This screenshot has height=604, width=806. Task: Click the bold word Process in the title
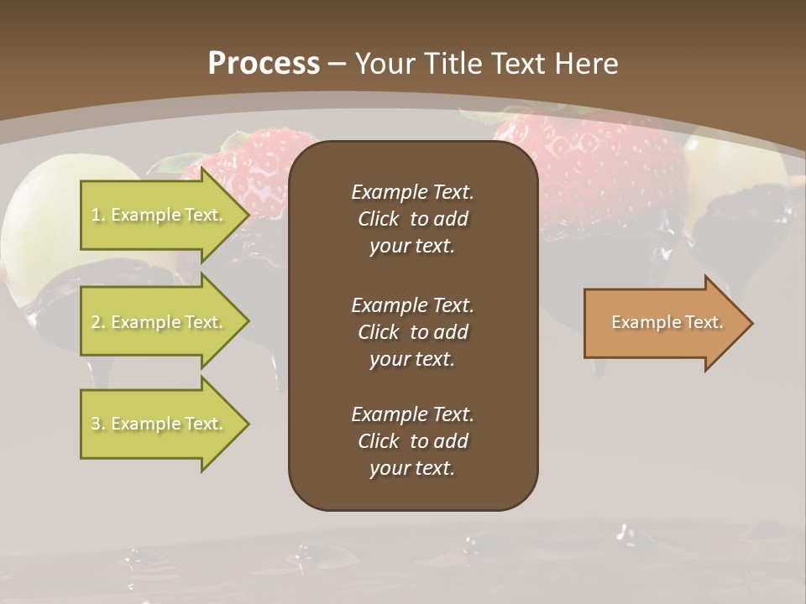[x=264, y=64]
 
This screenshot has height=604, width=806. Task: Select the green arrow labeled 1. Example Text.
[x=160, y=215]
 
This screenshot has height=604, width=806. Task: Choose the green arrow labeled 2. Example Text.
[x=160, y=322]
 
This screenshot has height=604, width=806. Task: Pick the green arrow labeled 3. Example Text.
[x=160, y=424]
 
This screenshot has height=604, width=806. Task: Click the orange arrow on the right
[x=663, y=323]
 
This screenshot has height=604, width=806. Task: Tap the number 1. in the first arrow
[x=98, y=215]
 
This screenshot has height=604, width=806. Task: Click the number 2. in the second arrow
[x=98, y=322]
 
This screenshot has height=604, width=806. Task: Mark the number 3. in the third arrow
[x=98, y=424]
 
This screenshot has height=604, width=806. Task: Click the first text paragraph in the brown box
[x=412, y=219]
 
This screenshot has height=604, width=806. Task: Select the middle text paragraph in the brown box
[x=412, y=332]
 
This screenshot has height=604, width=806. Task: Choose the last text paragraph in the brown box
[x=412, y=441]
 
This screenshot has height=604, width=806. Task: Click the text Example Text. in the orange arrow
[x=667, y=322]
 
